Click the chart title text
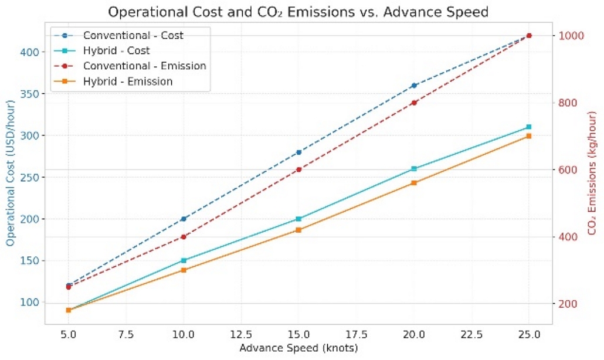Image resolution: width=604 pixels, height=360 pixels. click(298, 11)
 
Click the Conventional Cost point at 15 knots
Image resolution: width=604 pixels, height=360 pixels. click(298, 152)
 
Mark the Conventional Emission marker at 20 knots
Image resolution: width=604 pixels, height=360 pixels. click(414, 103)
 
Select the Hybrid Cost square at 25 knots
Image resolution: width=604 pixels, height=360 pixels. click(529, 127)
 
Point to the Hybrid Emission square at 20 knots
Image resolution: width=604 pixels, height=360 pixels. click(414, 183)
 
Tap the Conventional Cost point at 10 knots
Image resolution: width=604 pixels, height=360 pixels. click(184, 219)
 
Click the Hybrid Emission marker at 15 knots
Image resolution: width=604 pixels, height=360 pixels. click(298, 230)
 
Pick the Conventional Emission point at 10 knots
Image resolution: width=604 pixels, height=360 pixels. click(184, 237)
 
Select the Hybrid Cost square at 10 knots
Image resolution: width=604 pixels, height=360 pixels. click(184, 260)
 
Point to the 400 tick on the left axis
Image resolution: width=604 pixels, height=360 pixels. click(29, 52)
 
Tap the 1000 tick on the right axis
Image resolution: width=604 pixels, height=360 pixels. click(571, 36)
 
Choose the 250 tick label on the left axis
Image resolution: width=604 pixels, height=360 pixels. click(29, 178)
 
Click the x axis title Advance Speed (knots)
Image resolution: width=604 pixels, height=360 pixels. click(298, 348)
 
